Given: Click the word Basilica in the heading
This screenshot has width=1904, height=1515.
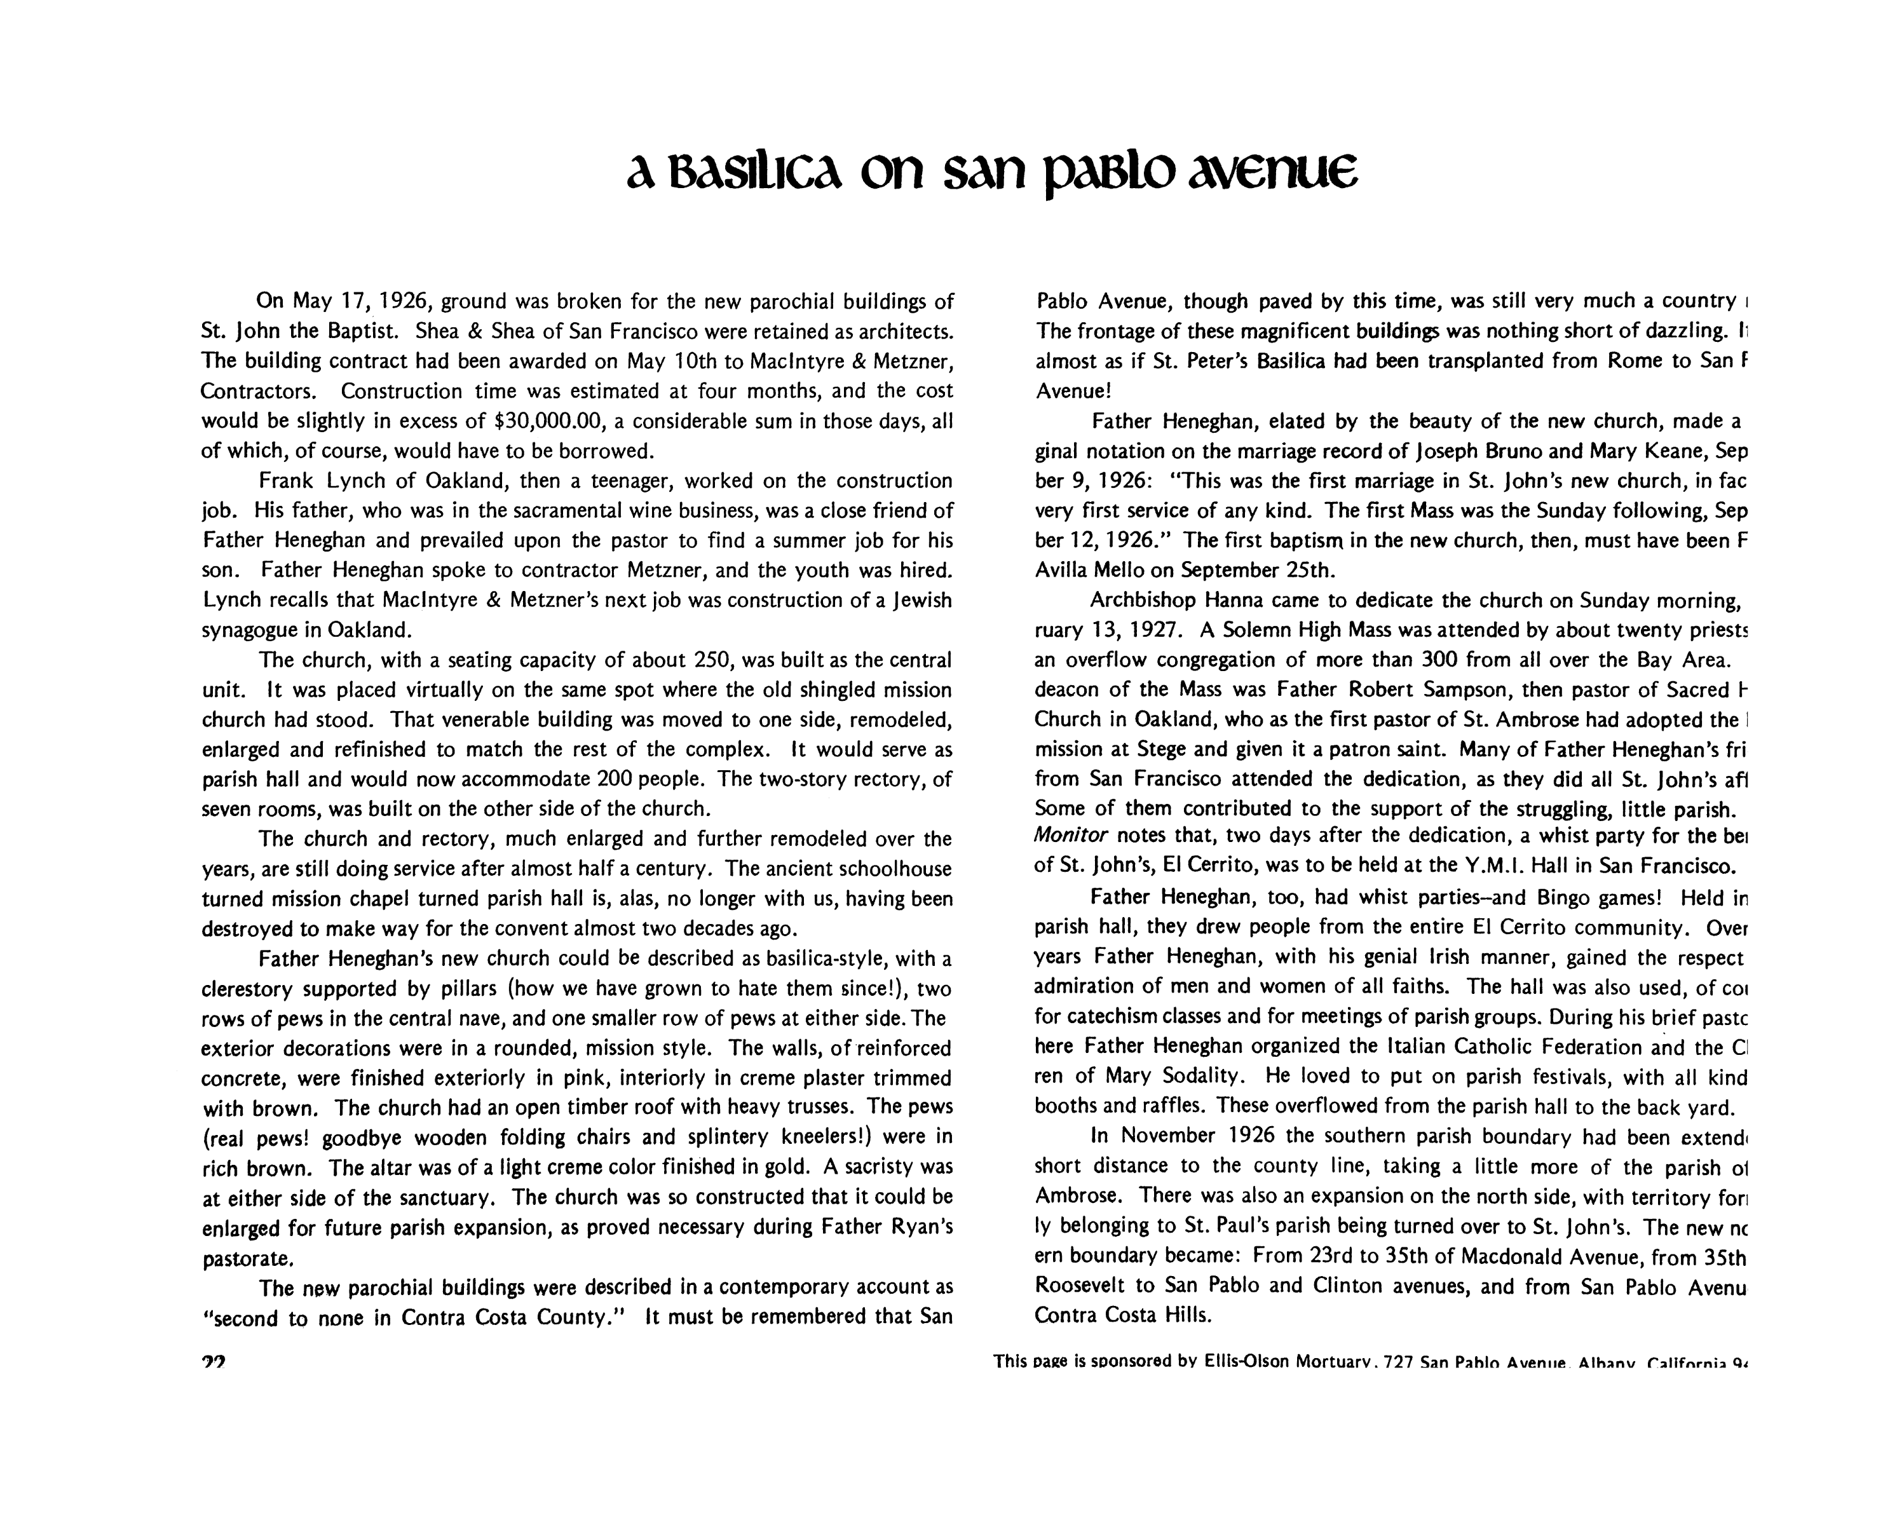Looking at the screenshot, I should tap(753, 175).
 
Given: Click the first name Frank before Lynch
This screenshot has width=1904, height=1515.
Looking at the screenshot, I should tap(285, 481).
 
